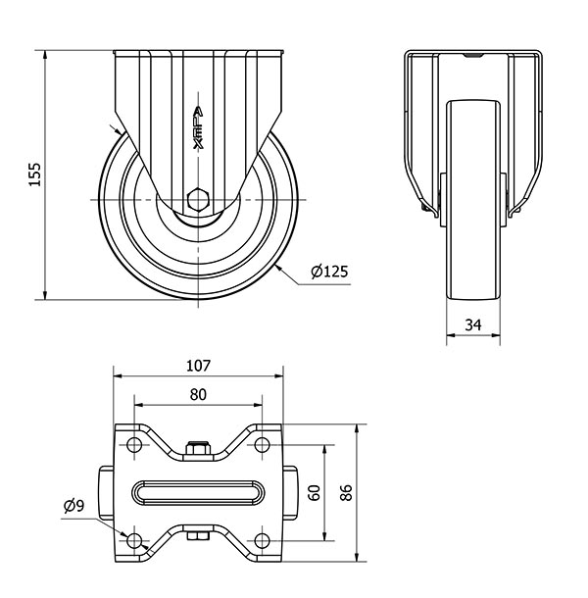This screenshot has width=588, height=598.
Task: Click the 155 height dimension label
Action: coord(34,174)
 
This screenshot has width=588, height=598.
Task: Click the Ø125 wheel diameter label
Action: coord(329,272)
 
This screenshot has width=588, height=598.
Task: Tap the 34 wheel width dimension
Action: coord(473,324)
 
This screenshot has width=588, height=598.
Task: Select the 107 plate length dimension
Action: coord(198,366)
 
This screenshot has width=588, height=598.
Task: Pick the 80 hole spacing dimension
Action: coord(198,395)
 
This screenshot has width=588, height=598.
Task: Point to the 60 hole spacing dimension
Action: coord(315,493)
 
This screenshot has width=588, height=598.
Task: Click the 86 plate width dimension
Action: coord(346,493)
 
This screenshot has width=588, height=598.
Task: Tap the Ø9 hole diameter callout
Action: coord(73,506)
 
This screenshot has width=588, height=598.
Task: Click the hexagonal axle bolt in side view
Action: coord(198,199)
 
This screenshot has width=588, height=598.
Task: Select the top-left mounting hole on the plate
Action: coord(134,445)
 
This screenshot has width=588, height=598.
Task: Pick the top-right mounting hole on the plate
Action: coord(262,445)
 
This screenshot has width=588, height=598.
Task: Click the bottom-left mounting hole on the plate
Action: coord(134,540)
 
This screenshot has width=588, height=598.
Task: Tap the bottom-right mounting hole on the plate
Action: coord(262,540)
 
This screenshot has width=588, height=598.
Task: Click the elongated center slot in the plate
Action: coord(198,493)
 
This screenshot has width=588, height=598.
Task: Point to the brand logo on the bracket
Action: coord(198,127)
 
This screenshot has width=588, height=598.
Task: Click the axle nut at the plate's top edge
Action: coord(198,448)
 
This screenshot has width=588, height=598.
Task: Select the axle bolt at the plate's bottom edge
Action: coord(198,536)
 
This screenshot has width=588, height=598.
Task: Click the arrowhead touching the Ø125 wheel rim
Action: coord(278,267)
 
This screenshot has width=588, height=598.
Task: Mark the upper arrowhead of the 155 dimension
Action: coord(45,55)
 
